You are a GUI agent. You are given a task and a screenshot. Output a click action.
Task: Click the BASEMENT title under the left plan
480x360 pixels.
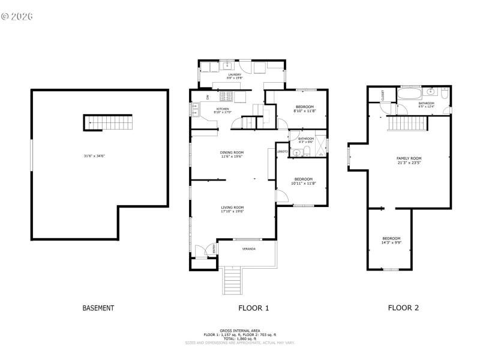pyautogui.click(x=98, y=308)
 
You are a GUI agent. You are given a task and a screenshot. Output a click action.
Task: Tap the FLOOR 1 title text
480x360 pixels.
pyautogui.click(x=254, y=308)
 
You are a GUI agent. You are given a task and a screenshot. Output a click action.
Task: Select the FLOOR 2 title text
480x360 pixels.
pyautogui.click(x=403, y=308)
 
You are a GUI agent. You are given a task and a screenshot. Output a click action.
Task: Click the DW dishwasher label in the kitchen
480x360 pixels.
pyautogui.click(x=208, y=97)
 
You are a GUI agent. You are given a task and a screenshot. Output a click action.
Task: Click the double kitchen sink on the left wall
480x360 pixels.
pyautogui.click(x=196, y=109)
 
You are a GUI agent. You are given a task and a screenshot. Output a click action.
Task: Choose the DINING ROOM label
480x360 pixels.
pyautogui.click(x=232, y=152)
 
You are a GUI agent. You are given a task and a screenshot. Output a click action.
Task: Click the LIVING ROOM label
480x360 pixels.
pyautogui.click(x=232, y=207)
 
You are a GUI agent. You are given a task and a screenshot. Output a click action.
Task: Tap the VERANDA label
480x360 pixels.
pyautogui.click(x=248, y=248)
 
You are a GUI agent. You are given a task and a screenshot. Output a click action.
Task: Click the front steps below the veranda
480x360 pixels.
pyautogui.click(x=232, y=280)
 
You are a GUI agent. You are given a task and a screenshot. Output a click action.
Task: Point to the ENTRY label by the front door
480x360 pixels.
pyautogui.click(x=211, y=248)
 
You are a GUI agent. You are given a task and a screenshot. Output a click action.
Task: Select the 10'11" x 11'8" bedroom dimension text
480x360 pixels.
pyautogui.click(x=303, y=183)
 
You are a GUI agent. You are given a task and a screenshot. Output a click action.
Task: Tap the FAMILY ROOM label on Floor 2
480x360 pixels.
pyautogui.click(x=409, y=158)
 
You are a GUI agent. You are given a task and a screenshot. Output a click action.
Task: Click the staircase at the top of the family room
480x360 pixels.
pyautogui.click(x=407, y=123)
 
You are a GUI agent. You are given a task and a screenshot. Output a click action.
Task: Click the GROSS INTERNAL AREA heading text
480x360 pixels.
pyautogui.click(x=239, y=331)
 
